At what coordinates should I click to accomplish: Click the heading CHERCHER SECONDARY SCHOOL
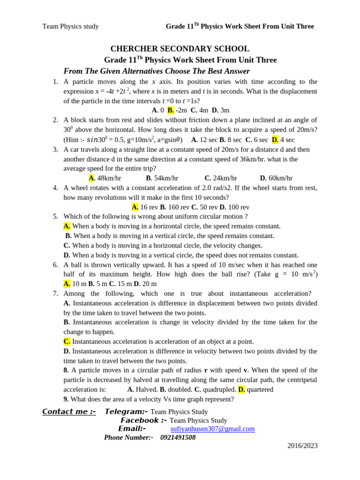[180, 49]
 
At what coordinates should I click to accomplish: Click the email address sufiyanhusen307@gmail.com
[212, 429]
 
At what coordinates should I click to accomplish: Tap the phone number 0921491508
[178, 437]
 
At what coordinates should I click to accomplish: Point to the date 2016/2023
[302, 446]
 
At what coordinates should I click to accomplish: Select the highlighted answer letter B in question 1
[170, 110]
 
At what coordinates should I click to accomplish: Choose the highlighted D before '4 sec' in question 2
[275, 140]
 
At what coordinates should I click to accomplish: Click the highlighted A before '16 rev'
[135, 207]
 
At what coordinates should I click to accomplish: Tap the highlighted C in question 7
[67, 342]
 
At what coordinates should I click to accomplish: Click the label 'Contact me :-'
[69, 412]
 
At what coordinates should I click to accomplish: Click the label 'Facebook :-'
[143, 420]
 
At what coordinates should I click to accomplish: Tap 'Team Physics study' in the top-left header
[70, 26]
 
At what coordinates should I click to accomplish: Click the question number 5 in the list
[55, 217]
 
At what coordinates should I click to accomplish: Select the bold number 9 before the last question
[66, 399]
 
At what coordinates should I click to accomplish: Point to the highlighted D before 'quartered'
[241, 390]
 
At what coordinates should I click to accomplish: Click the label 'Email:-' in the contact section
[132, 429]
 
